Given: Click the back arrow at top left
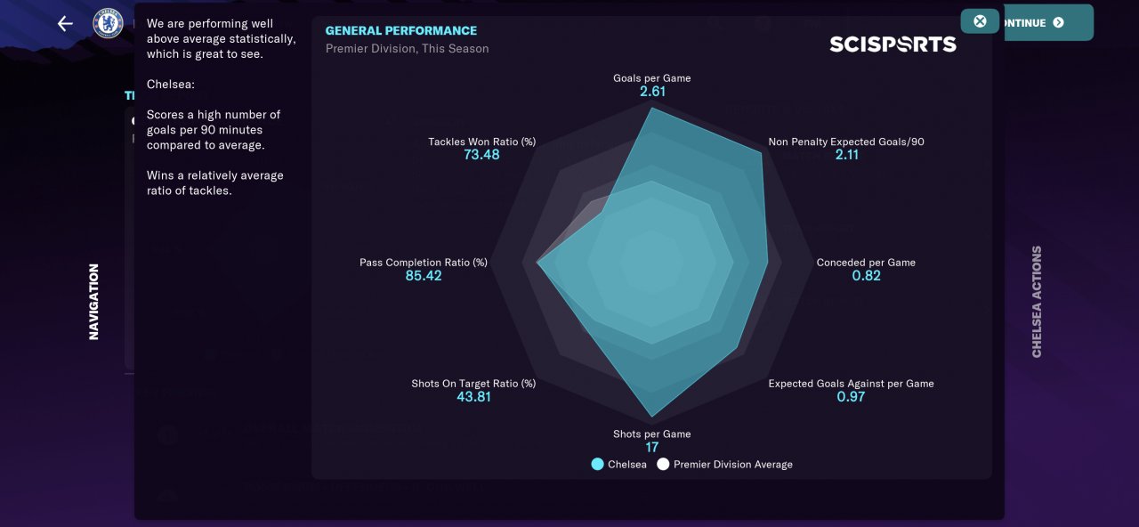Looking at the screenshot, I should (x=65, y=23).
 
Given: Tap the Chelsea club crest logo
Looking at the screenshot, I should (x=108, y=23).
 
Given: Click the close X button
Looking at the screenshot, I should (x=980, y=21).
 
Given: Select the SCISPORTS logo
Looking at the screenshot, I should (x=893, y=45).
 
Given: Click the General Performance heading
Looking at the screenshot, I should (x=400, y=30).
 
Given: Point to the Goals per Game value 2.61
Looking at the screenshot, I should (x=652, y=92).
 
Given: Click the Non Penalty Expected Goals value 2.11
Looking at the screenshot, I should (x=847, y=155).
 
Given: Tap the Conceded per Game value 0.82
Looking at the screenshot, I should (x=866, y=276).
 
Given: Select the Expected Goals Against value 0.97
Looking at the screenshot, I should (x=851, y=397).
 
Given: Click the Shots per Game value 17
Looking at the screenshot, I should (x=652, y=448).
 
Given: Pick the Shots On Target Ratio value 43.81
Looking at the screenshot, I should (x=473, y=397).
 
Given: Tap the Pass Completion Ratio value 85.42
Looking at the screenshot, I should (x=424, y=276).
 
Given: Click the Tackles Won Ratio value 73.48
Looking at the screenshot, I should (x=481, y=155).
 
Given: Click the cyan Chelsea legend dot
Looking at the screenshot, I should (x=598, y=465).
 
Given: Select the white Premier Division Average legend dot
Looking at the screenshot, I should (x=663, y=465).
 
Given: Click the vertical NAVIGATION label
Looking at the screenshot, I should (x=94, y=301).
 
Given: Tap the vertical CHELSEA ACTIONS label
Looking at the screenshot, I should (x=1037, y=302).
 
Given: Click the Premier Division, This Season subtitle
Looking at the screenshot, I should (x=407, y=49).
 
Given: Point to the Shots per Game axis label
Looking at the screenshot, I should (x=652, y=434).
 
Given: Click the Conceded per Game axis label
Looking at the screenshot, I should (x=866, y=263).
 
